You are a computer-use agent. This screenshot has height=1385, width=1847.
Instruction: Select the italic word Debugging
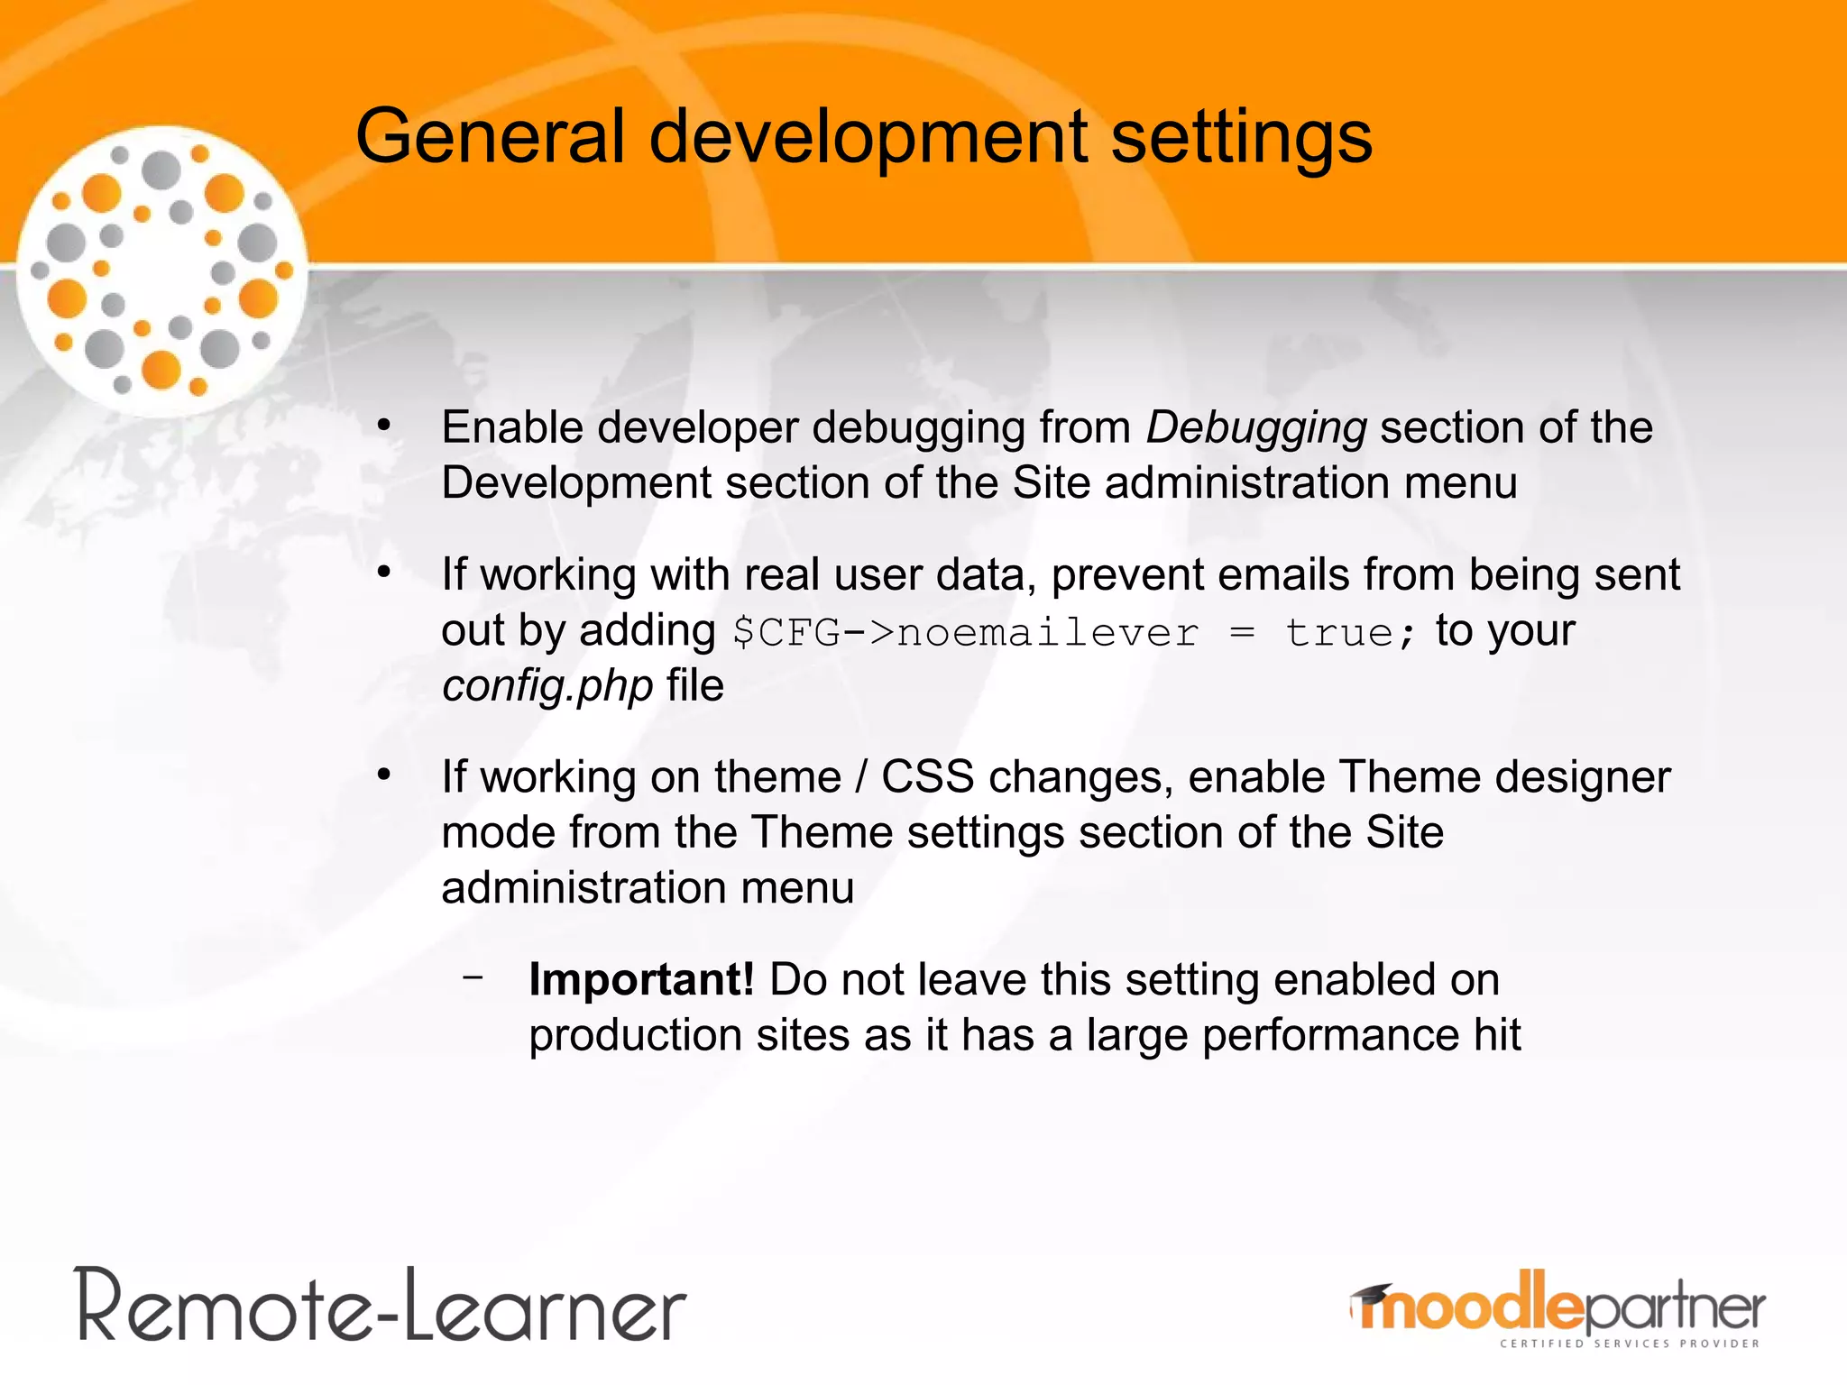(x=1256, y=428)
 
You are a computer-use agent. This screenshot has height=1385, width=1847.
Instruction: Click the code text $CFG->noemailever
(x=965, y=632)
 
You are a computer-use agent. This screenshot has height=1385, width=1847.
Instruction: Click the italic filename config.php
(x=547, y=687)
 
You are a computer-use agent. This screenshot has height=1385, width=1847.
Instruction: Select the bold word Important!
(x=641, y=980)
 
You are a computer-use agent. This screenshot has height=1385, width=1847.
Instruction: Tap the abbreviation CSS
(x=927, y=777)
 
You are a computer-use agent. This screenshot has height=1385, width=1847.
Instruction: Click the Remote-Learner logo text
(x=381, y=1307)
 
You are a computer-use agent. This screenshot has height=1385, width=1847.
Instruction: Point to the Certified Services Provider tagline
(x=1629, y=1344)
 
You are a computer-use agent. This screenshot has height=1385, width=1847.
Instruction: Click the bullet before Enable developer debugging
(x=384, y=425)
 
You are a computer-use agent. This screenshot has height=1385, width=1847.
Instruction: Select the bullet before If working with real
(x=384, y=572)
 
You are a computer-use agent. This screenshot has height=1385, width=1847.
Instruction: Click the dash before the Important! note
(x=473, y=977)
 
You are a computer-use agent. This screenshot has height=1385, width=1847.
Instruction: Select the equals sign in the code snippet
(x=1242, y=633)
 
